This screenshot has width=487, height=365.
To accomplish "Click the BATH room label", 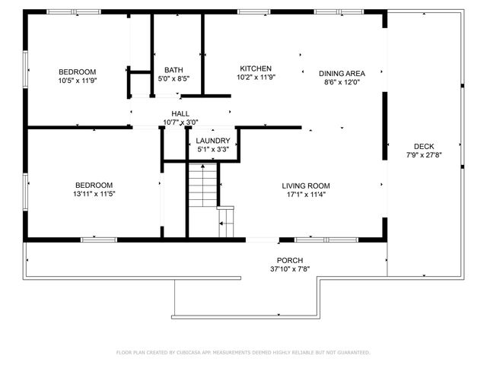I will pos(173,69).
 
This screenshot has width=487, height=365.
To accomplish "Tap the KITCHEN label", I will pos(256,68).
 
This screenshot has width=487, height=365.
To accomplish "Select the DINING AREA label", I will pos(342,74).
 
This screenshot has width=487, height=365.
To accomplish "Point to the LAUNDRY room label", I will pos(213,141).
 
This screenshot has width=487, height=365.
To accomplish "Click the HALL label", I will pos(180,113).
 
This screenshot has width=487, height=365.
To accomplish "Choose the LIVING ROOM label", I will pos(306,186).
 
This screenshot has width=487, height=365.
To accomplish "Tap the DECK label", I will pos(424,147).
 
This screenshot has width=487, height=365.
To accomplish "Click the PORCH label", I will pos(290,261).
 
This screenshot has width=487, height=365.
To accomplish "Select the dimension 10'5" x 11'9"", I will pos(78,80).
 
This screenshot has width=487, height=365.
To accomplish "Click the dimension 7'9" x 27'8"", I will pos(424,155).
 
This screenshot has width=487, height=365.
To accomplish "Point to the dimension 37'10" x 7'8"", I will pos(290,269).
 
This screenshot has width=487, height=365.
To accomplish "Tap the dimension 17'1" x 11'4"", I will pos(306,194).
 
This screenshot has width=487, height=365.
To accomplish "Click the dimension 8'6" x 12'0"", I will pos(342,82).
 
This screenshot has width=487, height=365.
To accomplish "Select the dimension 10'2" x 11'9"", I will pos(256,77).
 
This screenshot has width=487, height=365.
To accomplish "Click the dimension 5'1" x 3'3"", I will pos(213,149).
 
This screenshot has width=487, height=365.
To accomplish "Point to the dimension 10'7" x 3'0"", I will pos(180,122).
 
